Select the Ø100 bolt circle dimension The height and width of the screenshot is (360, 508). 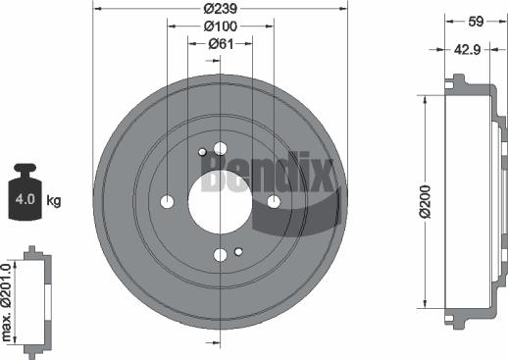coord(219,27)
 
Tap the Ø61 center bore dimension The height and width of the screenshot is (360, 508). coord(218,44)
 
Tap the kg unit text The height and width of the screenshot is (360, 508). coord(54,201)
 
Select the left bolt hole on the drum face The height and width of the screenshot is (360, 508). coord(167,202)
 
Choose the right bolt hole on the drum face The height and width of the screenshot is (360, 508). coord(274,202)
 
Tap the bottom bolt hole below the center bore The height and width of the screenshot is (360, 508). coord(220,256)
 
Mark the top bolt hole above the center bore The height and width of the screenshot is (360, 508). coord(219,148)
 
